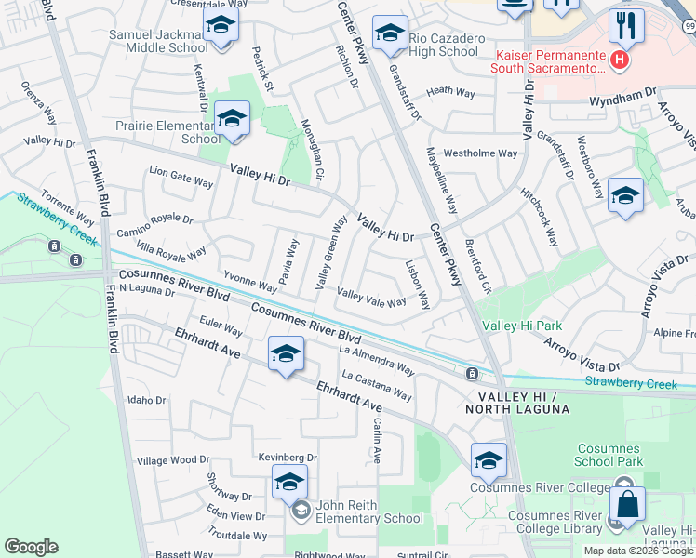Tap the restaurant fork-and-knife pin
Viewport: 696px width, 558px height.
click(x=626, y=25)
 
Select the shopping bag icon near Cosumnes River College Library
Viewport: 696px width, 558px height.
click(x=627, y=506)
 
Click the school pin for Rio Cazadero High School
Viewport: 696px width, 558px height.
click(x=389, y=33)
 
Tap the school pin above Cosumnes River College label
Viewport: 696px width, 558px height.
click(x=489, y=460)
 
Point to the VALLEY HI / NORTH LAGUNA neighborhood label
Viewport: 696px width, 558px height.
click(x=517, y=403)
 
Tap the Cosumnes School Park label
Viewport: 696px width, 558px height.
click(x=609, y=455)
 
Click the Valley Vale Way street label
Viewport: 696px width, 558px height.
click(x=371, y=298)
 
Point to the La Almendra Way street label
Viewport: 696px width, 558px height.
click(x=377, y=360)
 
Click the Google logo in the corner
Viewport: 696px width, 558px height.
click(x=32, y=547)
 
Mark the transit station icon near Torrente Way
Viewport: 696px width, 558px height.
click(x=55, y=246)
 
